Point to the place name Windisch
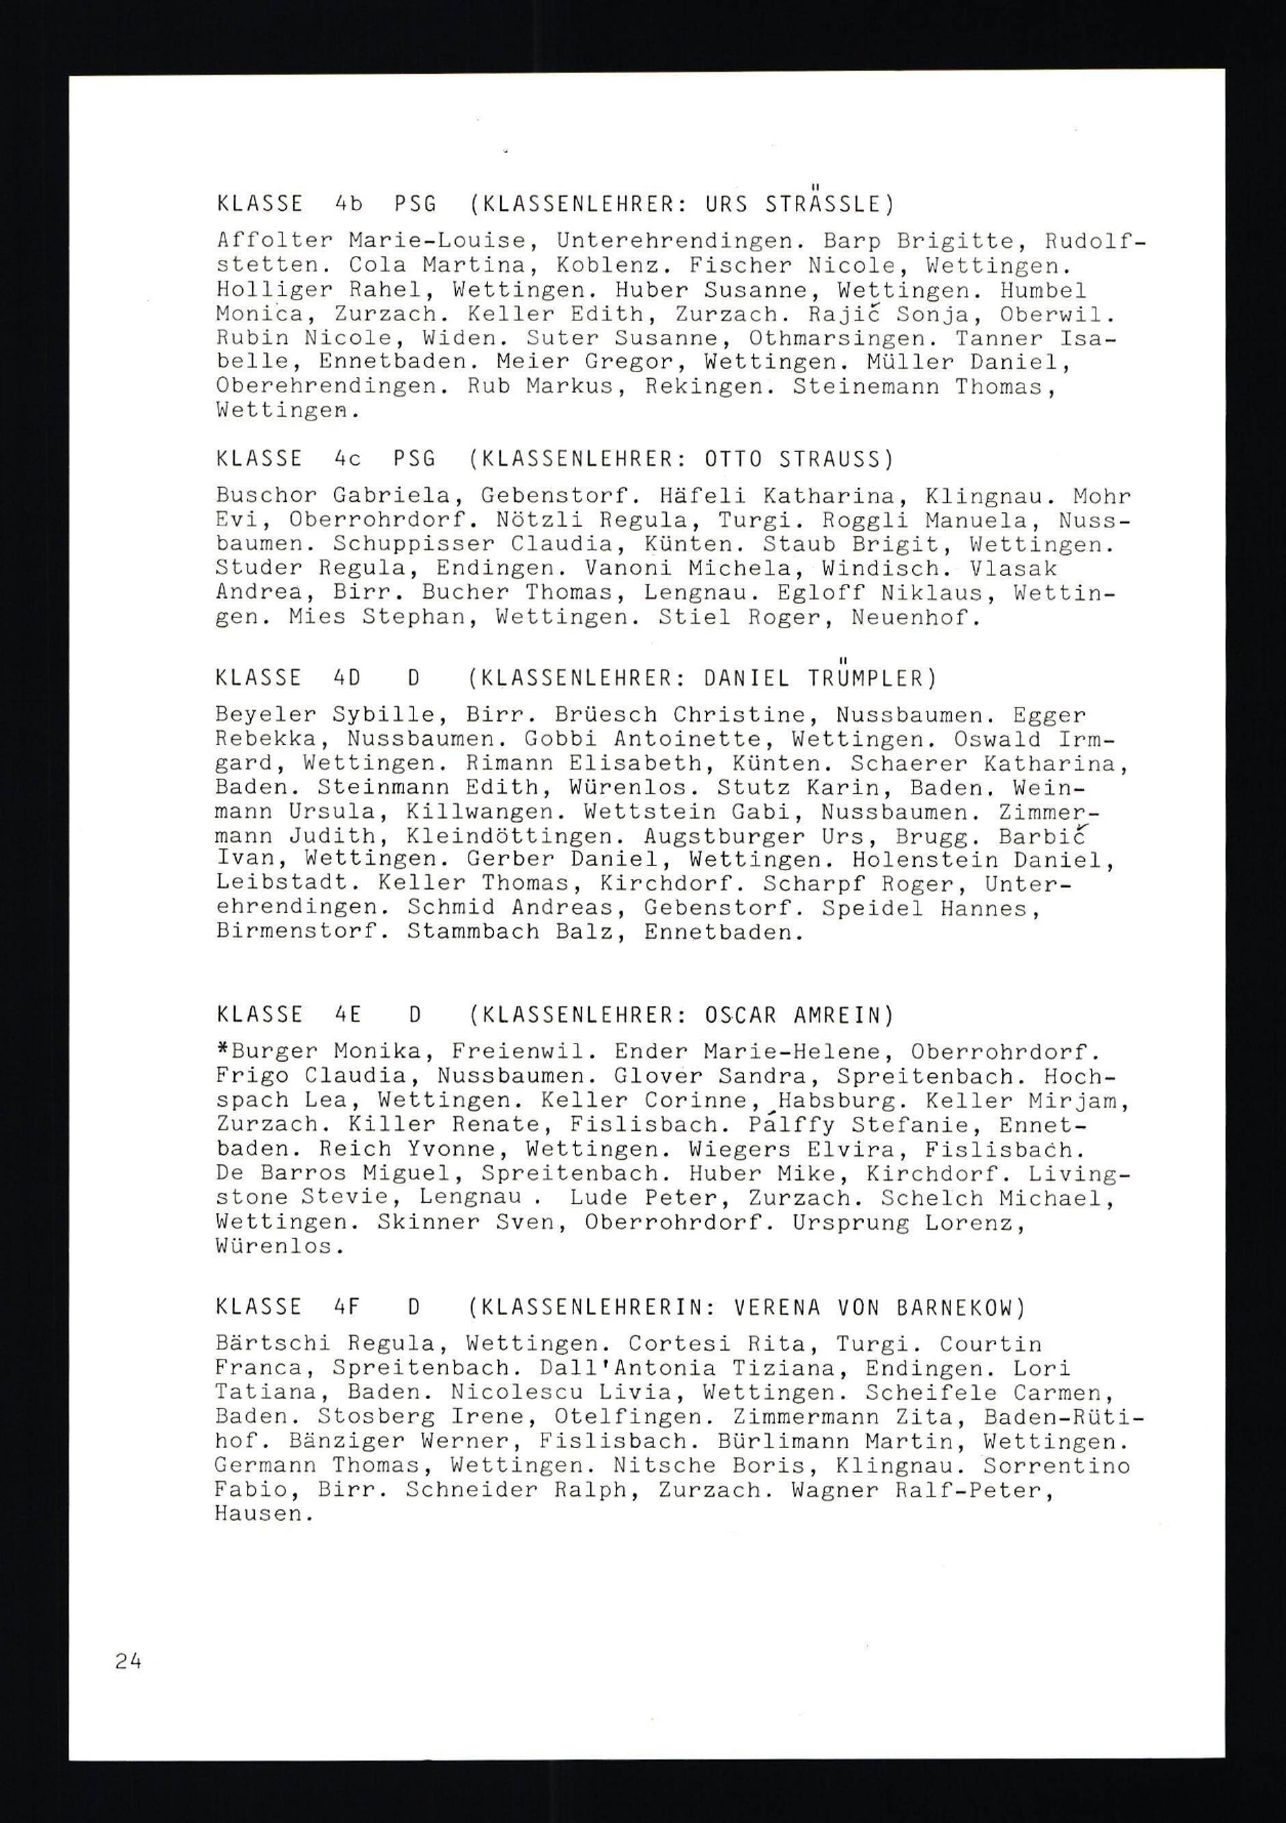click(874, 569)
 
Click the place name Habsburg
click(829, 1102)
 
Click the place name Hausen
click(258, 1513)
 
